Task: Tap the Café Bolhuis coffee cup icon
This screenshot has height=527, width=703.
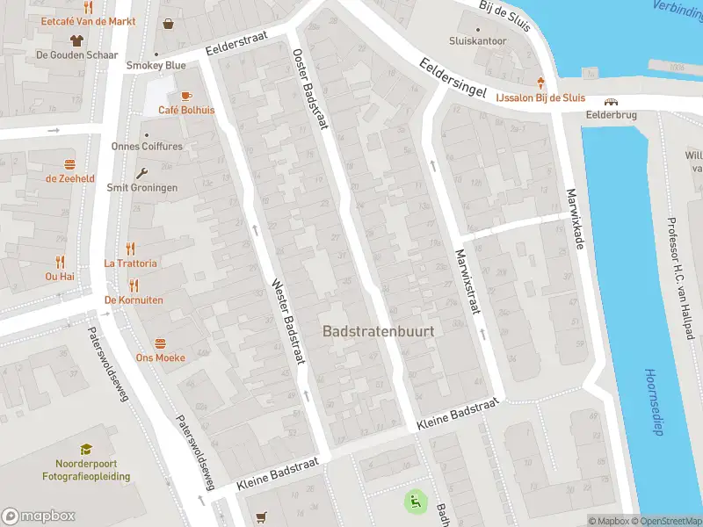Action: click(x=185, y=96)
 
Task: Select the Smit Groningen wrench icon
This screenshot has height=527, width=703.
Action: click(x=141, y=173)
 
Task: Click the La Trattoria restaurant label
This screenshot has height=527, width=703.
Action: click(x=130, y=263)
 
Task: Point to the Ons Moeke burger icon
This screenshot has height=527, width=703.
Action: click(x=160, y=343)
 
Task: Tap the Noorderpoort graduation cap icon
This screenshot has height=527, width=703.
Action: click(x=86, y=450)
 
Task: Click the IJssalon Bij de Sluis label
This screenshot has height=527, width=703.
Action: click(x=540, y=98)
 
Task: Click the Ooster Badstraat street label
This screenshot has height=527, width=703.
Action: click(x=309, y=89)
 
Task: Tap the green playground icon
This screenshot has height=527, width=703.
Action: click(x=415, y=502)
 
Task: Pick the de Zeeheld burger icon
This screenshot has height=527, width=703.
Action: click(x=69, y=164)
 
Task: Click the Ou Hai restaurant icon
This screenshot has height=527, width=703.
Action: click(x=60, y=262)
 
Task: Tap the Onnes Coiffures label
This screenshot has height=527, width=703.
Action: click(x=147, y=147)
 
